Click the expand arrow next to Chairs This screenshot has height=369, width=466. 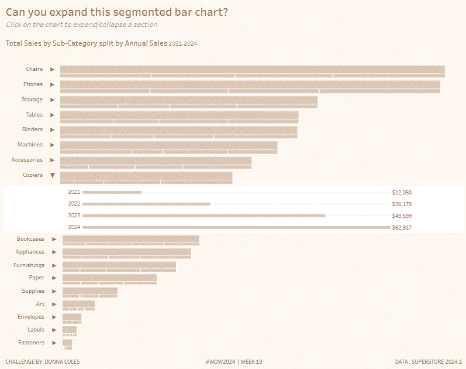[x=52, y=70]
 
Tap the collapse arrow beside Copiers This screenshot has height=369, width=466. [x=52, y=175]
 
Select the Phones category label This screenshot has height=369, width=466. [x=33, y=84]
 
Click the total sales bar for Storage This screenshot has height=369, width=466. [x=188, y=100]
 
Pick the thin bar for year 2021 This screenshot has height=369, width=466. [x=112, y=192]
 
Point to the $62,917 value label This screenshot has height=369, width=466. [x=402, y=227]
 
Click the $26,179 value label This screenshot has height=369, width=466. [x=402, y=204]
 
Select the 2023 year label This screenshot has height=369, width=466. [x=74, y=216]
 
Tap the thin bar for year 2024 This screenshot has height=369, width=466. [x=236, y=227]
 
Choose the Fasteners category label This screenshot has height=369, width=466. [x=31, y=343]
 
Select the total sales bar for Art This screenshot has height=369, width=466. [x=78, y=303]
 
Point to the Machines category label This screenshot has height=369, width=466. [x=30, y=145]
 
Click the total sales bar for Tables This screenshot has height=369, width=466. [x=179, y=115]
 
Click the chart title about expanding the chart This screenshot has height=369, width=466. [x=117, y=12]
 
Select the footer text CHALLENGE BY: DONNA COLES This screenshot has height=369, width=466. [x=42, y=362]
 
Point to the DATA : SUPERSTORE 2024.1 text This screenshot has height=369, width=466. [x=429, y=362]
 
